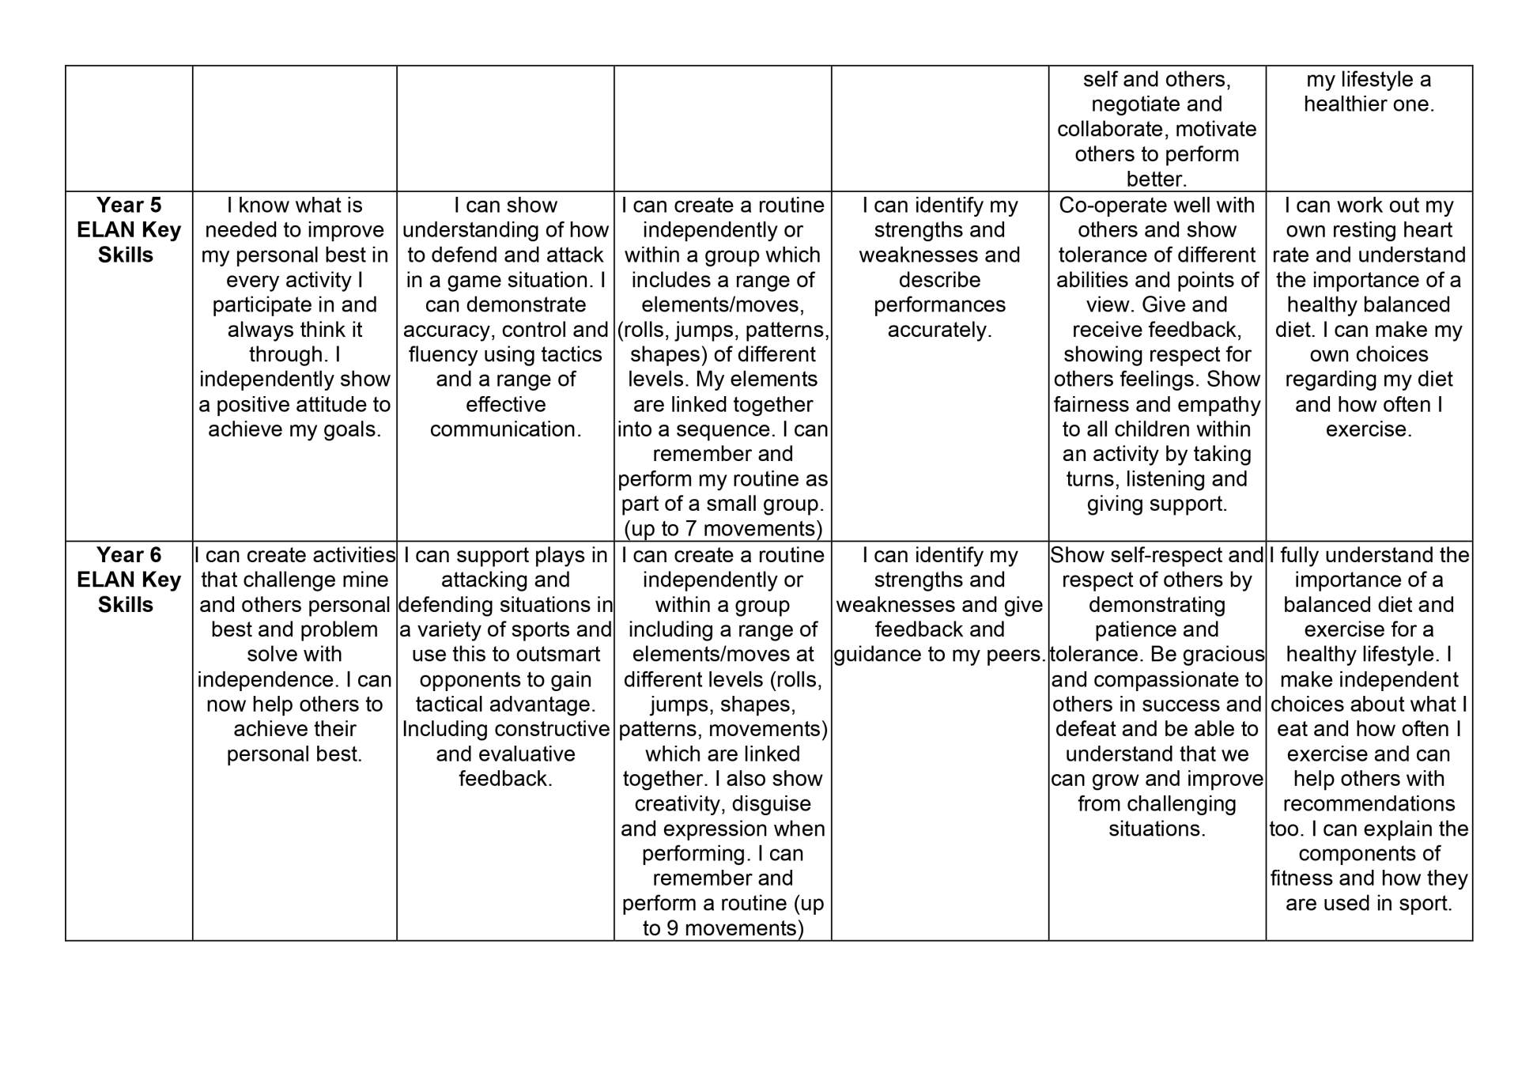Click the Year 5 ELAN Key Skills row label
pos(128,230)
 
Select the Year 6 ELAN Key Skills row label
pos(128,580)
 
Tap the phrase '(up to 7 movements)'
pos(723,528)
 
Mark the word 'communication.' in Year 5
pos(505,429)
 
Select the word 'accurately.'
pos(939,330)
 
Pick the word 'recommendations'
pos(1369,803)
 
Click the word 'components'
pos(1369,853)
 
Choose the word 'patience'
pos(1135,629)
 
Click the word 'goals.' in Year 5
pos(352,429)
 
